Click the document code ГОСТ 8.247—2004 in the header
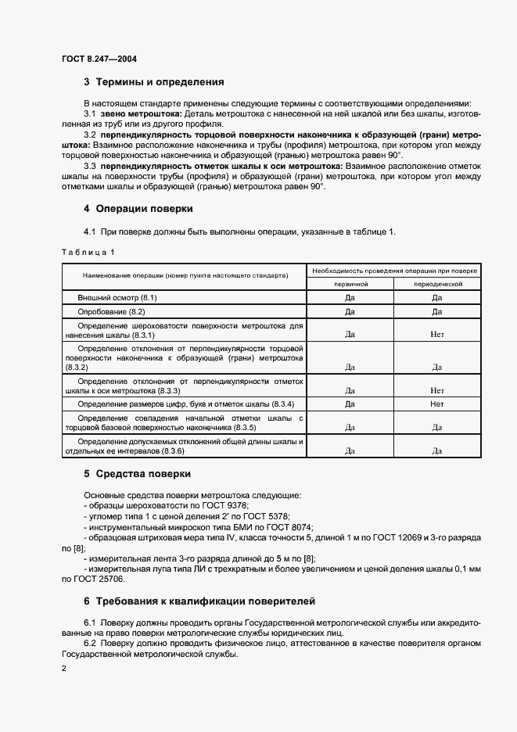click(99, 59)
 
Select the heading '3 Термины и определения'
click(154, 82)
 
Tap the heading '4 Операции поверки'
click(138, 210)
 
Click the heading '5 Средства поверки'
click(137, 474)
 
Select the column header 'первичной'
click(350, 285)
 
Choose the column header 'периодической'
click(437, 285)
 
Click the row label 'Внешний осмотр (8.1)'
click(117, 298)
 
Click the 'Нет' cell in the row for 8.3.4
click(437, 404)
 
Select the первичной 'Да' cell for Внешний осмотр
click(350, 298)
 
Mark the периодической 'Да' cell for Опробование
click(437, 311)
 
